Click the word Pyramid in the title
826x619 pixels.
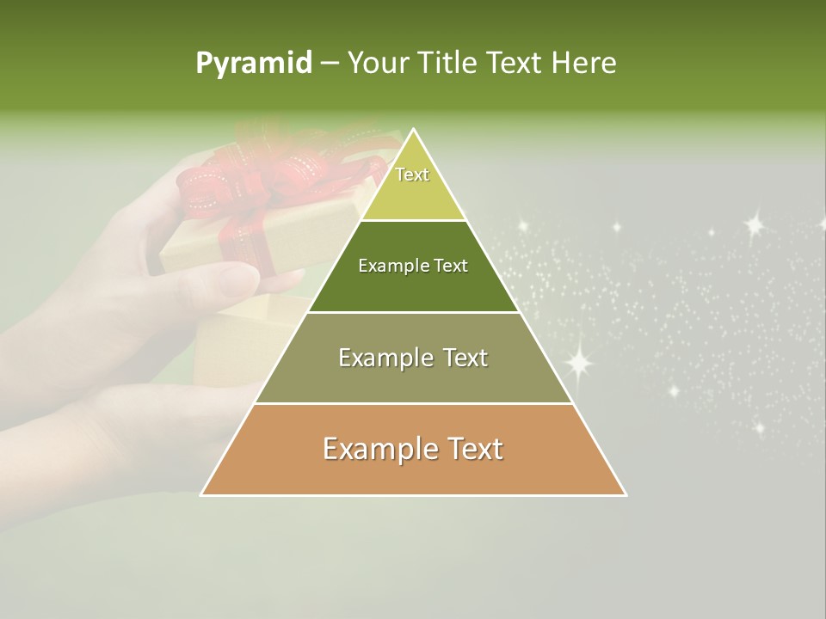[254, 64]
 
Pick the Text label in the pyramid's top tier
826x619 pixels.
[412, 175]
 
